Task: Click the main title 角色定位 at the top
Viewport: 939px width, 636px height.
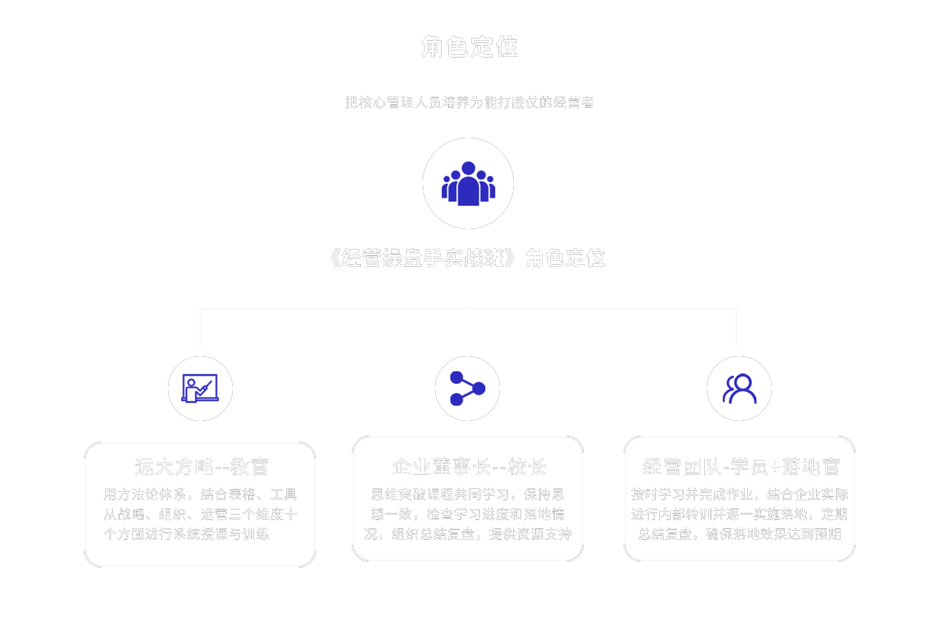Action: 469,48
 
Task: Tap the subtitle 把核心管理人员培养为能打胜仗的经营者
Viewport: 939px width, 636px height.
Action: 469,103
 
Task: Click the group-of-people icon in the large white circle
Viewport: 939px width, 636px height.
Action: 468,183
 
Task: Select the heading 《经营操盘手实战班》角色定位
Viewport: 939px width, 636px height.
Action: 468,258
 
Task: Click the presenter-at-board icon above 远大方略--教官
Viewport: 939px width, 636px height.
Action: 200,388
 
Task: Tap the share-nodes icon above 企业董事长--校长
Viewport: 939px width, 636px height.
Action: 468,388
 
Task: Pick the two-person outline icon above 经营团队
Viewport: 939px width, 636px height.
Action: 739,388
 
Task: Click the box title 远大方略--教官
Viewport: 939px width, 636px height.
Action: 201,467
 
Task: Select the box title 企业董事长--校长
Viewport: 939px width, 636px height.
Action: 469,467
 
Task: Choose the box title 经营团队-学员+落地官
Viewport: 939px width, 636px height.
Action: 741,467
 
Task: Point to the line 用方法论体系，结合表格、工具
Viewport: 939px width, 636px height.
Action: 200,494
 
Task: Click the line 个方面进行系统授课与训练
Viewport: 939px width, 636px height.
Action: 186,534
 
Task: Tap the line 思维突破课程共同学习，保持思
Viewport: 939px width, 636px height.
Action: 468,494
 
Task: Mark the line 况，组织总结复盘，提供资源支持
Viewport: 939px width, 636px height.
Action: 468,534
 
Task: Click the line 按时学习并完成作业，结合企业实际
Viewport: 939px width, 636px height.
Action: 739,494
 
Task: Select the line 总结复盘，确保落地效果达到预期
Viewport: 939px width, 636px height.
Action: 739,534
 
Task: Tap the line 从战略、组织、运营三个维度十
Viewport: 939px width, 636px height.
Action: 200,514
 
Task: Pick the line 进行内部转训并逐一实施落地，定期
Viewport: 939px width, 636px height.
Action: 739,514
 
